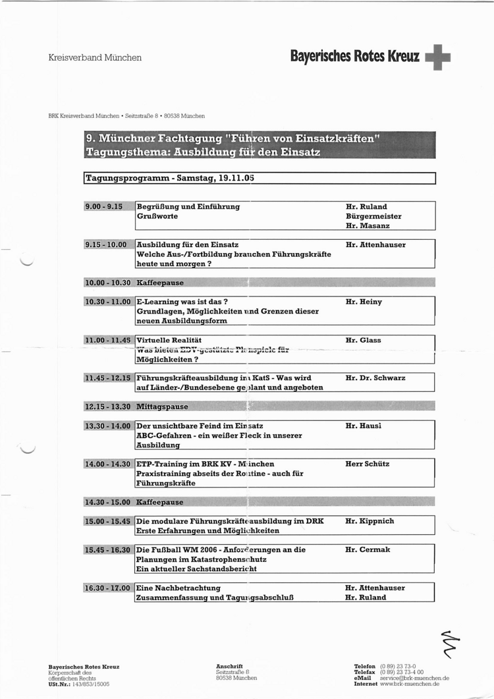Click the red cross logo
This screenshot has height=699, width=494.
point(438,57)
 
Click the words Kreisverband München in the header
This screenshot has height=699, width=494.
point(95,58)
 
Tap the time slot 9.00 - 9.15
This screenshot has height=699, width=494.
point(104,207)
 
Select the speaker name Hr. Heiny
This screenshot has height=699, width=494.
point(364,302)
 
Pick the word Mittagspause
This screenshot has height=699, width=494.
point(162,407)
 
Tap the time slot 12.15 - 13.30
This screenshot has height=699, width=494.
point(108,407)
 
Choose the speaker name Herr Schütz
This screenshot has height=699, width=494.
point(368,464)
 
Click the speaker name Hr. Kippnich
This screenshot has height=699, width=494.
point(370,521)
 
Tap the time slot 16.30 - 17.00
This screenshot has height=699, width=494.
point(108,588)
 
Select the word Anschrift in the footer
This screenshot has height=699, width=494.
point(229,666)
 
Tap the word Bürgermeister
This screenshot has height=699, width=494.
point(373,216)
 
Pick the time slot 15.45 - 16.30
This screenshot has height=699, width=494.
point(108,549)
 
